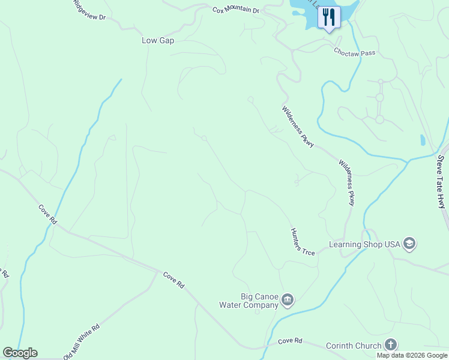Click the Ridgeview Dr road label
pos(89,10)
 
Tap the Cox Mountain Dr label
pos(235,10)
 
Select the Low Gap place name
pos(158,40)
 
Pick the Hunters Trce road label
pos(302,241)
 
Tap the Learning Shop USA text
pos(364,244)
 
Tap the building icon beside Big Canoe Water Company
pos(288,299)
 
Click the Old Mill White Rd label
pos(81,343)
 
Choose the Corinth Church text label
pos(354,345)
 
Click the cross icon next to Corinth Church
pos(391,344)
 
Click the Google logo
pos(20,353)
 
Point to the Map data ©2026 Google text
pos(412,355)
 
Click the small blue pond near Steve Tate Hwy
pos(423,140)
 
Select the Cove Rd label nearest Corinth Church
pos(290,341)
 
